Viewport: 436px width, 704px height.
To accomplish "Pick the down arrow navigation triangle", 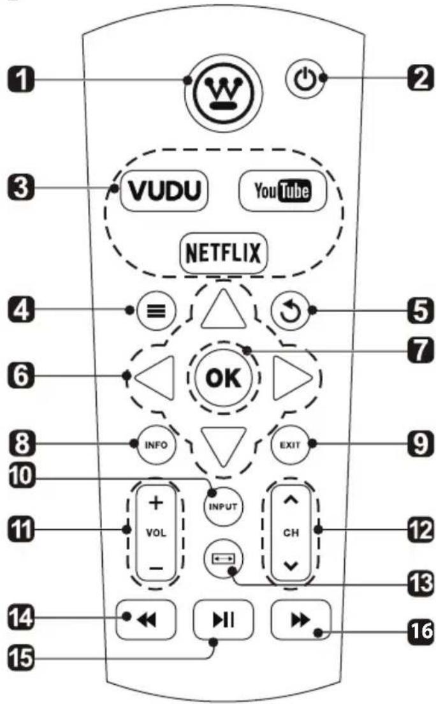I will tap(221, 444).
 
